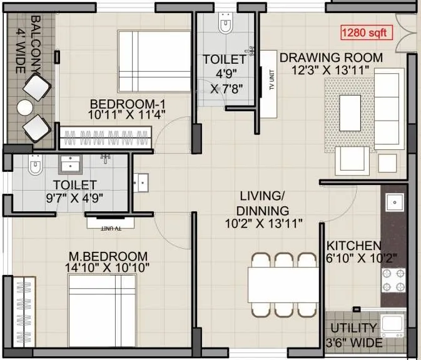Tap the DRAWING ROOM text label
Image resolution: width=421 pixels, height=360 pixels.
[x=331, y=57]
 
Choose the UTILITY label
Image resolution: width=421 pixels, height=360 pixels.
[x=355, y=328]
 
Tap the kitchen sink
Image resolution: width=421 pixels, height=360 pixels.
[x=394, y=202]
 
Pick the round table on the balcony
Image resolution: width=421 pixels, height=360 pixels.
[x=26, y=107]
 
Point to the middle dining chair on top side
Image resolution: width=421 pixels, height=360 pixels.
[x=285, y=259]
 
